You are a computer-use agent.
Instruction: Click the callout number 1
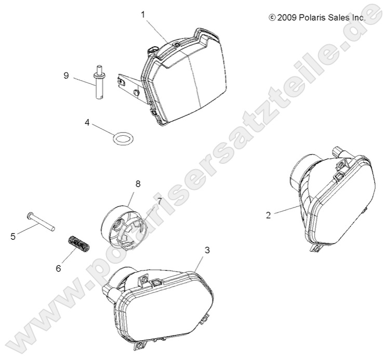[143, 15]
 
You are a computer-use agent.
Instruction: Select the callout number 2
[268, 215]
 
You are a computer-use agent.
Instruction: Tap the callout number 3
[207, 250]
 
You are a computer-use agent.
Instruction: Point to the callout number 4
[87, 122]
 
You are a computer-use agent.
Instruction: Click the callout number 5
[13, 237]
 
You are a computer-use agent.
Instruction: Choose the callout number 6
[58, 268]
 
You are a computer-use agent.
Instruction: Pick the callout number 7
[160, 201]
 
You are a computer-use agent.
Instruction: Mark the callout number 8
[138, 184]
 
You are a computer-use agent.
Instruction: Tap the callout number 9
[66, 75]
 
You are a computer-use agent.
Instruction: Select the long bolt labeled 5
[41, 222]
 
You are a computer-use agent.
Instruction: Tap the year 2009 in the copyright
[287, 18]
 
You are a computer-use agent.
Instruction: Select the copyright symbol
[272, 18]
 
